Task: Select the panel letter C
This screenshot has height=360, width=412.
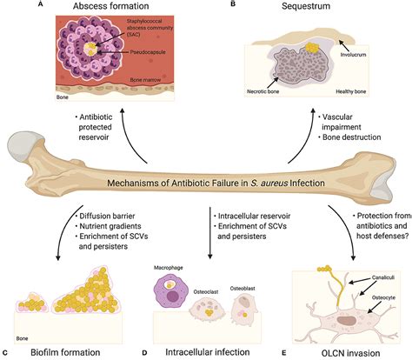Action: [x=7, y=352]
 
